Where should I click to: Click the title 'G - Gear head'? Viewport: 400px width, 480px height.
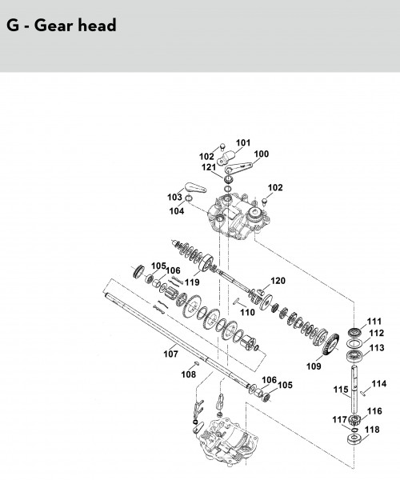(x=62, y=25)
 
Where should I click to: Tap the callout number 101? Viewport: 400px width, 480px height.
(x=243, y=142)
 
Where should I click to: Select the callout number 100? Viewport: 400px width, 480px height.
(x=261, y=154)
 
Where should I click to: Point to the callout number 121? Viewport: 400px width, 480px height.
(x=209, y=167)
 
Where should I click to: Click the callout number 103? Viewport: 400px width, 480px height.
(x=174, y=197)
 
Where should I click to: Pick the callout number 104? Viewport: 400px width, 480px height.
(x=177, y=211)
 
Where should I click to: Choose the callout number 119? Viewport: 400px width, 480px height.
(x=192, y=282)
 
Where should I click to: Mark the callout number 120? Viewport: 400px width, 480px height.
(x=278, y=281)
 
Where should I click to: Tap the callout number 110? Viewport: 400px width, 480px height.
(x=247, y=312)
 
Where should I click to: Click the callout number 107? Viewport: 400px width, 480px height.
(x=170, y=354)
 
